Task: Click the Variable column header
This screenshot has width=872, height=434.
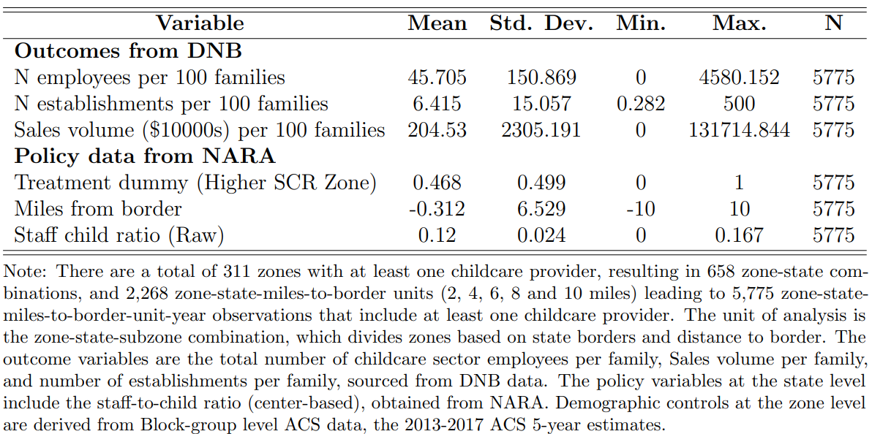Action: (x=200, y=23)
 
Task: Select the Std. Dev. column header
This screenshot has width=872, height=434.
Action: (x=541, y=23)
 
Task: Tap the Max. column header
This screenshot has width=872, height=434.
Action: (x=739, y=23)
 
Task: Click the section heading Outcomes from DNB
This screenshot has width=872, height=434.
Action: (x=128, y=51)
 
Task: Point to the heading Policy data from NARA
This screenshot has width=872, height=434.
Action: (x=145, y=156)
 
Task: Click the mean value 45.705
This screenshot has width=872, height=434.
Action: (x=437, y=77)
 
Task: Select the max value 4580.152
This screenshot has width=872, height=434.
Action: (x=739, y=77)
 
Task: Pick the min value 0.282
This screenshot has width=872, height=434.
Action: (x=640, y=104)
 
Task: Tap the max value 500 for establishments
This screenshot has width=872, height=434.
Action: (x=739, y=104)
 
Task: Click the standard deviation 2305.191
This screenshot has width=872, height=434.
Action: (x=541, y=130)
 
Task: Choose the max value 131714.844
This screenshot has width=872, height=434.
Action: (x=739, y=130)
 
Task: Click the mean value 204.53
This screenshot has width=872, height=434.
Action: (x=437, y=130)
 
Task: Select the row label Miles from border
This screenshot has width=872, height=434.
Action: (x=98, y=209)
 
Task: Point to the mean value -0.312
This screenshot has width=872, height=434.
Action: (x=437, y=209)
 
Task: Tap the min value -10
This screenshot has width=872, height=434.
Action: (x=640, y=209)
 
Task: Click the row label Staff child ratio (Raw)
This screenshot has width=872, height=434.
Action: (x=119, y=235)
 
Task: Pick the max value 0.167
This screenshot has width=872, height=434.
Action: (x=739, y=235)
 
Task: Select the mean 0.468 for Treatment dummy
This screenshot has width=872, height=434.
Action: (x=437, y=183)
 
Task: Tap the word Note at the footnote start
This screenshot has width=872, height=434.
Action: (x=24, y=272)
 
